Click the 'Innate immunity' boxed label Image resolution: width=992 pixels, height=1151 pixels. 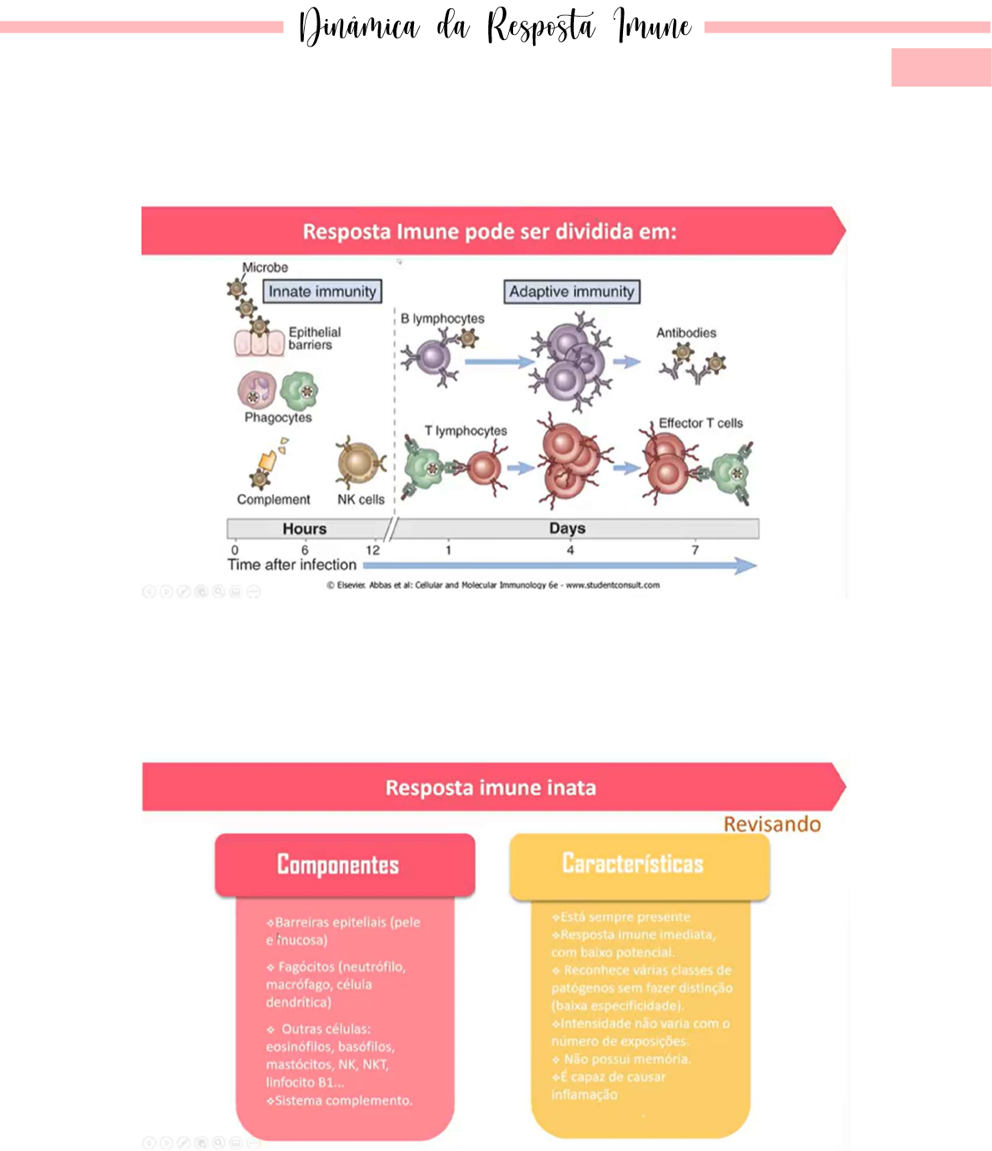click(322, 291)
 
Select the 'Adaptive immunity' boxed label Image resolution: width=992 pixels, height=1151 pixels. click(572, 291)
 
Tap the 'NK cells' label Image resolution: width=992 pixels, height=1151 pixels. click(361, 500)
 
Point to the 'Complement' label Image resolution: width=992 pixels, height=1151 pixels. click(273, 500)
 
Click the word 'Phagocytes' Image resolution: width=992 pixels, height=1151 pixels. click(278, 417)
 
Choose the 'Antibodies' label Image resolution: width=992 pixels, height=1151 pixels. click(686, 333)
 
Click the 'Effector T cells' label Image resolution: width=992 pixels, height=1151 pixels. click(700, 423)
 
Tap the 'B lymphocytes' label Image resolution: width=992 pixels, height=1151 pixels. click(442, 319)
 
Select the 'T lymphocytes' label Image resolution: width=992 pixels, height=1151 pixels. click(466, 431)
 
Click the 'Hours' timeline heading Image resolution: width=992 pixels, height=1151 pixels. click(305, 529)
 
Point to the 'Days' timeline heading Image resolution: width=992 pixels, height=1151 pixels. click(567, 529)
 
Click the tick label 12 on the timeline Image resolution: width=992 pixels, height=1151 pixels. click(373, 550)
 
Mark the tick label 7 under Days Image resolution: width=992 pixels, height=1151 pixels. click(695, 550)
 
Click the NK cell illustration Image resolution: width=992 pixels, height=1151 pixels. click(360, 464)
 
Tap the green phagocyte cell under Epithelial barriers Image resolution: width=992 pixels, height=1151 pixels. click(299, 390)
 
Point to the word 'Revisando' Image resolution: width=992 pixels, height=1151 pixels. click(772, 825)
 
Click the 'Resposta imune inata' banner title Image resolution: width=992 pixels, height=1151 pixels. click(491, 788)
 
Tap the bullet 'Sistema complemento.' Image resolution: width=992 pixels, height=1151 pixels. click(341, 1101)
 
